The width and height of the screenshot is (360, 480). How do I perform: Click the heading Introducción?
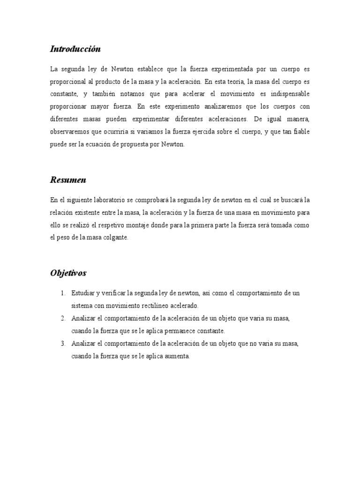[x=75, y=49]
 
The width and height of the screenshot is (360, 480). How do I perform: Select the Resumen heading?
[x=68, y=180]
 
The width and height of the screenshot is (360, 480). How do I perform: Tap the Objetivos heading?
[x=68, y=273]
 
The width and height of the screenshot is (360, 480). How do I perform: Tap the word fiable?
[x=300, y=132]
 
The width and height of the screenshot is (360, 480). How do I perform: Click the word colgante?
[x=115, y=238]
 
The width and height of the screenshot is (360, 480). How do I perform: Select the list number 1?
[x=63, y=293]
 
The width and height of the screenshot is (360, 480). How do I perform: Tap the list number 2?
[x=63, y=318]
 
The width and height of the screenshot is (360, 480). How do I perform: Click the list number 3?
[x=63, y=344]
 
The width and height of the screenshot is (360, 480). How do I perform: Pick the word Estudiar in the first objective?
[x=82, y=293]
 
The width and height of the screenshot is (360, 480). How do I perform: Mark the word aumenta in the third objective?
[x=176, y=356]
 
